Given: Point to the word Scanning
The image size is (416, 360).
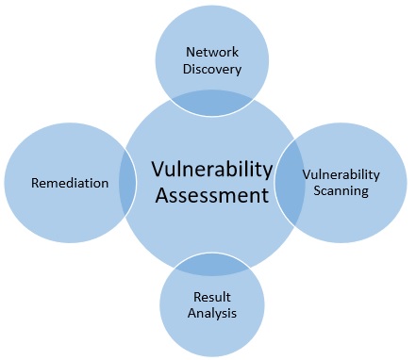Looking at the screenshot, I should pyautogui.click(x=341, y=190).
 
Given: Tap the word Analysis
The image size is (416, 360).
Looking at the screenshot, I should pyautogui.click(x=210, y=313).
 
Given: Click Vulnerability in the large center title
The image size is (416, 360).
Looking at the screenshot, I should pyautogui.click(x=211, y=170).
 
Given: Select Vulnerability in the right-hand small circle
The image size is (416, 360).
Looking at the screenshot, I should pyautogui.click(x=341, y=174).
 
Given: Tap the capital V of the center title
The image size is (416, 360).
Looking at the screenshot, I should pyautogui.click(x=158, y=170).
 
